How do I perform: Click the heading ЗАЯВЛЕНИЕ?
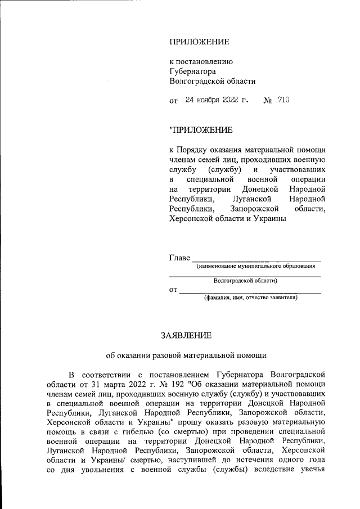[187, 335]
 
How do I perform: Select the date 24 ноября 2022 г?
[217, 100]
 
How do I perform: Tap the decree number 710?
[283, 100]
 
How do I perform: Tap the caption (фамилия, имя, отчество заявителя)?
[250, 298]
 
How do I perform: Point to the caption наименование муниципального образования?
[255, 266]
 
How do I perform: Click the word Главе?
[180, 258]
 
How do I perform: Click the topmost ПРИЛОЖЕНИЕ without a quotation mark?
[199, 42]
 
